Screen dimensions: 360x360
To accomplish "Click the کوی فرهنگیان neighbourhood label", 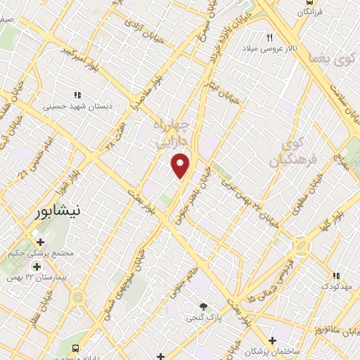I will coord(297,152).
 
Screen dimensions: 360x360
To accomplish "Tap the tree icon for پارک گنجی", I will coord(204,306).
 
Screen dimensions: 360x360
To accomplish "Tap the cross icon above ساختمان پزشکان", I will coord(272,340).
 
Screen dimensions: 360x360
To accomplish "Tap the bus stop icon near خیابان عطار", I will coord(75,348).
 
